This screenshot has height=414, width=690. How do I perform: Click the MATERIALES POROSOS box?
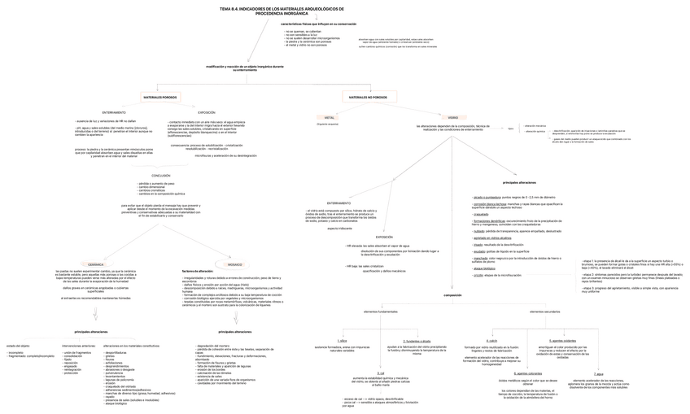pyautogui.click(x=159, y=97)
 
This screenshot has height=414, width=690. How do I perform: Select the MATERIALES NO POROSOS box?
pyautogui.click(x=368, y=97)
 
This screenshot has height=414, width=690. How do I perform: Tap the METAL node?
pyautogui.click(x=330, y=117)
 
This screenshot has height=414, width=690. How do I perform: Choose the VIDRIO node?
pyautogui.click(x=452, y=117)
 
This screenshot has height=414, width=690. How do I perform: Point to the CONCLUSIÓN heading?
pyautogui.click(x=160, y=176)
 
